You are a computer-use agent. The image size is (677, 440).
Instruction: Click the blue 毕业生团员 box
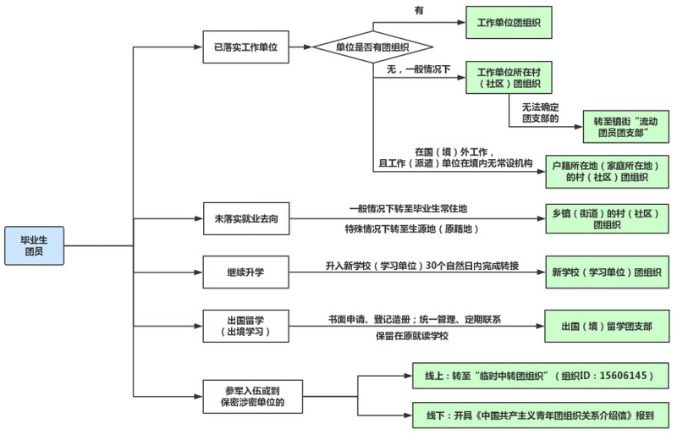coord(33,245)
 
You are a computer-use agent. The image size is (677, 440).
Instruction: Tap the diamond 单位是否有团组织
coord(373,47)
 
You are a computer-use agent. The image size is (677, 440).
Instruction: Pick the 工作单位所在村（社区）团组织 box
coord(509,78)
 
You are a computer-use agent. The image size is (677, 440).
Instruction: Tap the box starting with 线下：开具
coord(539,416)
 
